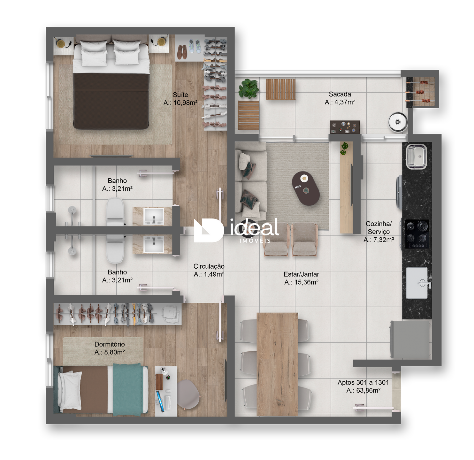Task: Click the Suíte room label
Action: [180, 95]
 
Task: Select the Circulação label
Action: [209, 266]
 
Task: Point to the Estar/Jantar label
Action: [301, 274]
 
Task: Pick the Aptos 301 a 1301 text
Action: [363, 382]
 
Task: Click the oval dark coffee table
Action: [306, 188]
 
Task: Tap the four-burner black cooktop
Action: [417, 234]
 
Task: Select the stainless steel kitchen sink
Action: [417, 157]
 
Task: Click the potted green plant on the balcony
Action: [248, 88]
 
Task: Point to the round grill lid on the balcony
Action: [398, 122]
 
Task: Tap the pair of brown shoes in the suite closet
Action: [182, 52]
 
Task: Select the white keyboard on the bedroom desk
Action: [168, 402]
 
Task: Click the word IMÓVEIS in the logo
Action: [255, 241]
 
